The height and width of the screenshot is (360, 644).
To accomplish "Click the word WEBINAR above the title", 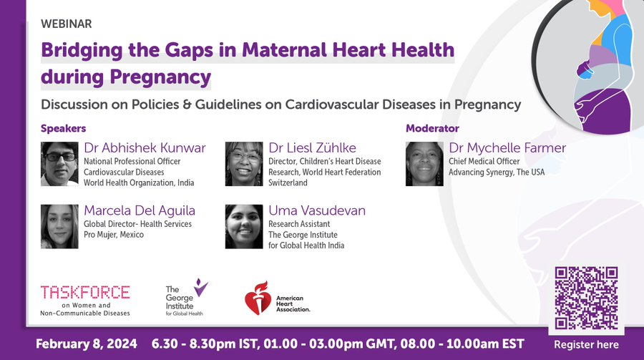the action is (66, 24).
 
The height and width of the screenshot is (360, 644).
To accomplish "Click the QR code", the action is (586, 298).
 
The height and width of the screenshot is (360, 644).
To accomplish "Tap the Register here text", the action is (586, 344).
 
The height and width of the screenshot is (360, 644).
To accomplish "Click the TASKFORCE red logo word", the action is (85, 292).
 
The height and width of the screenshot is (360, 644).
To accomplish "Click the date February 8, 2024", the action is (87, 344).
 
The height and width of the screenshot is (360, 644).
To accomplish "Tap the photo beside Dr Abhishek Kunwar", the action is (59, 164).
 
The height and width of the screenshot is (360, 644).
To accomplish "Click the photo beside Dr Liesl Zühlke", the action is (244, 164).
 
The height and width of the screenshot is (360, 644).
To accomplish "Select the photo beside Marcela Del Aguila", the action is (59, 226).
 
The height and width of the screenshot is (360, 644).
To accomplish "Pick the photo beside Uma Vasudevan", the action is (244, 226).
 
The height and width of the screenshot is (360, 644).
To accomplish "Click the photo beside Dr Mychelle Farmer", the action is (424, 164).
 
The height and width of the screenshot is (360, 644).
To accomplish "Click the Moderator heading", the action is (432, 128).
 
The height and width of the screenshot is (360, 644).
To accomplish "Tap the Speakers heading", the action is (63, 128).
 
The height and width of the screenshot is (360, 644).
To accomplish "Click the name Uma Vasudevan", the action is (317, 210).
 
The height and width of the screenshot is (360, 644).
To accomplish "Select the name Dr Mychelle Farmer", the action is (507, 148).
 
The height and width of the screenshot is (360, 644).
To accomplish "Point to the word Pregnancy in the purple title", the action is (160, 77).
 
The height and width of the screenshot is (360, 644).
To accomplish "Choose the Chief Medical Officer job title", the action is (484, 161).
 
